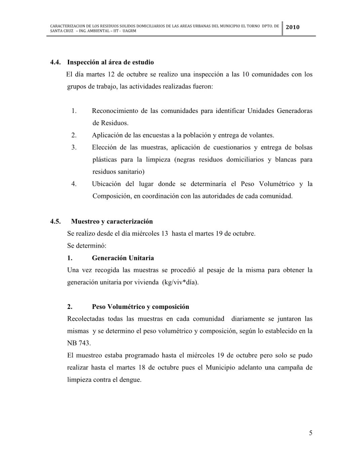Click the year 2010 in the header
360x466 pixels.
292,27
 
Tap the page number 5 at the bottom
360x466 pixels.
311,433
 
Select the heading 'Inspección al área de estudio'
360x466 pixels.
110,62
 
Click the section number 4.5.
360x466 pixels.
55,221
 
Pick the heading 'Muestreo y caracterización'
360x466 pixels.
112,221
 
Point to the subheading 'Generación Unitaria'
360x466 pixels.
123,258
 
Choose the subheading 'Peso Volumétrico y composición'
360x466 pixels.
141,307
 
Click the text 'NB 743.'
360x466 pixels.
79,343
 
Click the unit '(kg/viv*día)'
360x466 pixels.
180,282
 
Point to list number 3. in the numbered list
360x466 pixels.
74,147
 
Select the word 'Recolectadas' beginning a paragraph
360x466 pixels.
86,319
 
